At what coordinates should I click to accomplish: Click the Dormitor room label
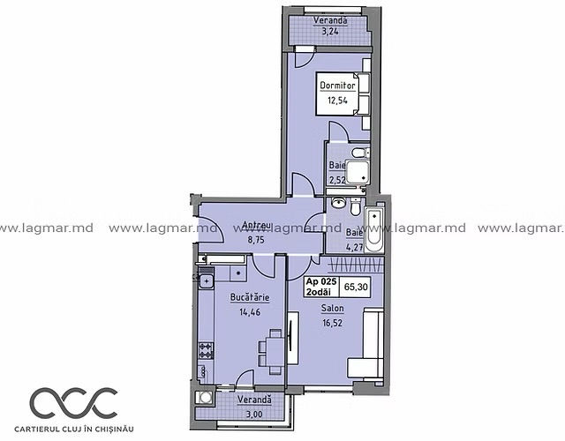click(x=337, y=86)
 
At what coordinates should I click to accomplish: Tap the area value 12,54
click(x=337, y=101)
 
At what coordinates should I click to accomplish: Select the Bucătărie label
click(x=250, y=297)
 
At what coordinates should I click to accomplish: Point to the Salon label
click(x=332, y=309)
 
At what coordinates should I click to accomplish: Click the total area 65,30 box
click(x=356, y=287)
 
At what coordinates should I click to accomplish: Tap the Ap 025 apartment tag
click(x=321, y=287)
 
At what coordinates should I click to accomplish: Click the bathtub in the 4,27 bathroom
click(x=374, y=230)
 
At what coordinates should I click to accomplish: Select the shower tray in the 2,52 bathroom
click(x=357, y=172)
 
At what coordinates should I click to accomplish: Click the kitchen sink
click(x=207, y=280)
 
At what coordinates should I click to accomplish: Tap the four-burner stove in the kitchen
click(x=206, y=351)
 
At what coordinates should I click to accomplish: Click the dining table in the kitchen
click(x=275, y=352)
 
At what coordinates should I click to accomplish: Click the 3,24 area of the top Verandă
click(x=330, y=32)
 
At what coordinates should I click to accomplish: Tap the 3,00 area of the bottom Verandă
click(x=254, y=414)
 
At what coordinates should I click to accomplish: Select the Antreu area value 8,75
click(x=256, y=239)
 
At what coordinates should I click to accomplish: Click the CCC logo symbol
click(x=73, y=402)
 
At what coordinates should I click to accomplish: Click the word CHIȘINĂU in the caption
click(x=116, y=429)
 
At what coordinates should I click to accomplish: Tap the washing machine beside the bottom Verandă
click(x=205, y=398)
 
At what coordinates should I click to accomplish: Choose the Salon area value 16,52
click(x=332, y=323)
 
